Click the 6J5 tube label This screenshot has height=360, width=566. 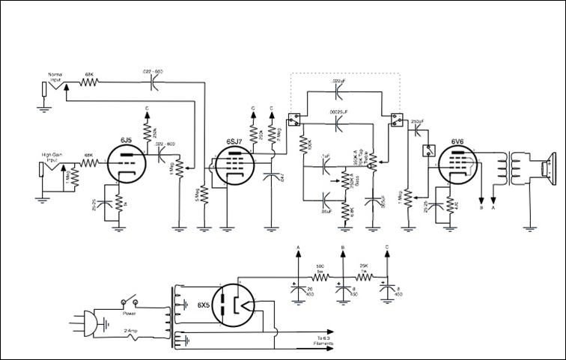point(126,140)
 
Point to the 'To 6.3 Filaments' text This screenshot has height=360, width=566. point(324,341)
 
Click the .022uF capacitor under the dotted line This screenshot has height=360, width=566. point(338,92)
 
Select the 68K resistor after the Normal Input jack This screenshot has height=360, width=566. point(89,84)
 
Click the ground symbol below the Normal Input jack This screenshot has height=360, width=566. point(46,106)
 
